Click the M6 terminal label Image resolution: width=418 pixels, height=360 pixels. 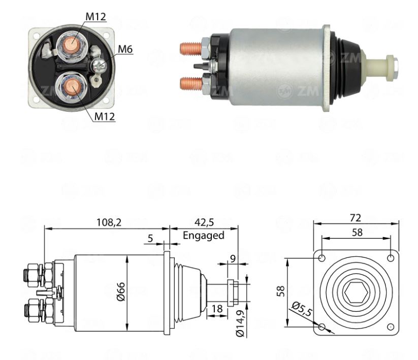pos(125,49)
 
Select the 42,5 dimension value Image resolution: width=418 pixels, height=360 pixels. pos(204,222)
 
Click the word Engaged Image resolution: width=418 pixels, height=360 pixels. pos(203,235)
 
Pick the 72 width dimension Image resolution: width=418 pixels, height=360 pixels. pos(356,217)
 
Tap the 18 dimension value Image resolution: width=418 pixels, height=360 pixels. pos(217,308)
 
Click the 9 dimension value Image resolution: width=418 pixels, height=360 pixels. pos(233,258)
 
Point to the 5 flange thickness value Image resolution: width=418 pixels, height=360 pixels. pos(150,238)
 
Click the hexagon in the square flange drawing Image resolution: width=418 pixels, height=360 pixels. pos(356,293)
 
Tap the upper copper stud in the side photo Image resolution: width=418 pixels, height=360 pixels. pos(191,49)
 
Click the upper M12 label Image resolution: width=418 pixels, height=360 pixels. pos(95,16)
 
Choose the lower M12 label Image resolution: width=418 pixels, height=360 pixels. pos(105,116)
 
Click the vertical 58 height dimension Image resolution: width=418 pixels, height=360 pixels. pos(280,291)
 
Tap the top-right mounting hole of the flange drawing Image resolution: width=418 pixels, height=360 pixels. pos(390,258)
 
